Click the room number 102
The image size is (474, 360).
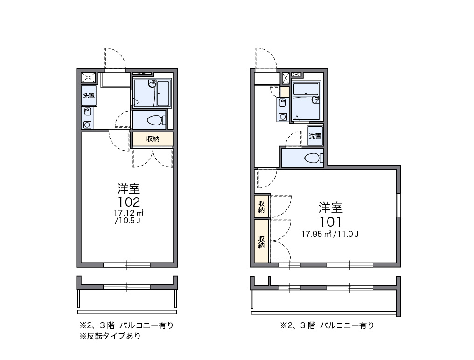tap(128, 202)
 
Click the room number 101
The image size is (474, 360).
tap(330, 222)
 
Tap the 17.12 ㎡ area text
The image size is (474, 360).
tap(128, 213)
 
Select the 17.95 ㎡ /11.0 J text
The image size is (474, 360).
tap(330, 234)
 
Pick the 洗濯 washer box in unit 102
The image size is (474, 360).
tap(89, 96)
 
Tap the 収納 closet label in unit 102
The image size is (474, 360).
tap(153, 139)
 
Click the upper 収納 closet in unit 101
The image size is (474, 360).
tap(262, 206)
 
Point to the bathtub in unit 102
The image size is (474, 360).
tap(164, 94)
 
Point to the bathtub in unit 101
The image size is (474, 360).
tap(306, 89)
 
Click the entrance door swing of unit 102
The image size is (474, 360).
tap(115, 59)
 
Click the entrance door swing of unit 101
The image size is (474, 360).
tap(266, 58)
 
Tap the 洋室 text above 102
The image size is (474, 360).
tap(128, 188)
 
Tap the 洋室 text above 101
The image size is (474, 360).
tap(330, 208)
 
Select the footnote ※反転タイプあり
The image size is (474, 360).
tap(110, 336)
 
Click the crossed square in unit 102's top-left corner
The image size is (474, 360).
tap(89, 77)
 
